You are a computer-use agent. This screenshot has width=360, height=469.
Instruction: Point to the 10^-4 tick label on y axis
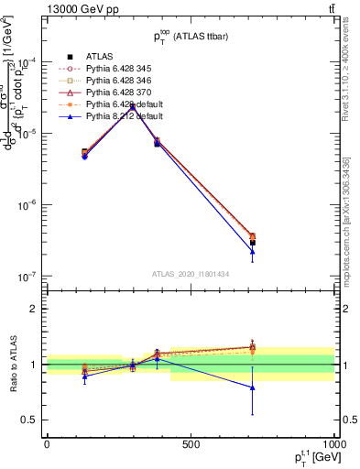click(x=27, y=63)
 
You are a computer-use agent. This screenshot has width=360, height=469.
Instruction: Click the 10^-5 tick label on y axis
click(x=27, y=134)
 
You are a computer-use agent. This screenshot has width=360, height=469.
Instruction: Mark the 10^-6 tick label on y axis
click(x=27, y=205)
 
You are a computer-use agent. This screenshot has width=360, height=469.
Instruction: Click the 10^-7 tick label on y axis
click(x=27, y=276)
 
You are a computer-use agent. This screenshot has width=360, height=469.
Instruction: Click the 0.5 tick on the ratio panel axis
click(x=30, y=420)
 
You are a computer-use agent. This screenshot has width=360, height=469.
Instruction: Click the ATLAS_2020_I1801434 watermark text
click(x=191, y=272)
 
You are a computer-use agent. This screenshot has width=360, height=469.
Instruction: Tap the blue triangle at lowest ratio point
click(x=252, y=387)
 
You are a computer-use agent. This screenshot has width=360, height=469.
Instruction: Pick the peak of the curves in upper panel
click(x=133, y=106)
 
